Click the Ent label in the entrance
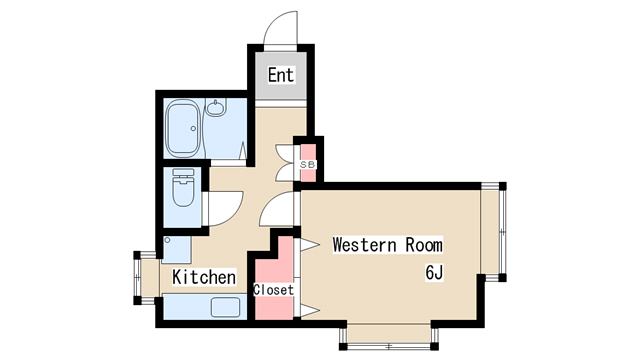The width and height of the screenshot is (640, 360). coord(281,75)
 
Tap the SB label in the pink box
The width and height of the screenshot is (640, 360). coord(308,165)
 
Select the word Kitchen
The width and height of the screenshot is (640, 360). coord(204,277)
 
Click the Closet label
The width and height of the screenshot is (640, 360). coord(273,290)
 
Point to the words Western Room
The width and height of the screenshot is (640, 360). coord(387,245)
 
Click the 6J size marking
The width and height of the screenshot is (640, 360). coord(434,272)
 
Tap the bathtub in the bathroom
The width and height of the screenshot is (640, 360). coord(182,128)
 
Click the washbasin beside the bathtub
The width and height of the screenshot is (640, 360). coord(215,107)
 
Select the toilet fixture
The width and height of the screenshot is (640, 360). coord(183,188)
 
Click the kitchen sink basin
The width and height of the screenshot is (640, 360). coord(226,307)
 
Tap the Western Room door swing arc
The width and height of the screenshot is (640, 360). coord(276,208)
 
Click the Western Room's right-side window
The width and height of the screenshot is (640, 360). coord(493,232)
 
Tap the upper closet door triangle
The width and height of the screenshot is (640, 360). coord(309,245)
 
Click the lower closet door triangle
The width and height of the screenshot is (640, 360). coord(309,311)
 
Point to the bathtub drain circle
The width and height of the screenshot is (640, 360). coord(193,129)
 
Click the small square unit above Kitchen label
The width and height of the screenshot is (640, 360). coord(176,249)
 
